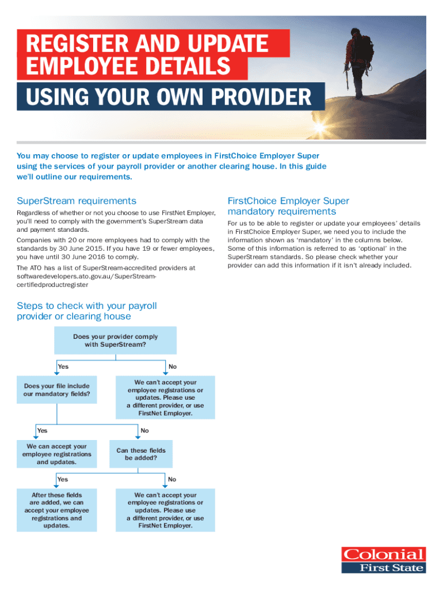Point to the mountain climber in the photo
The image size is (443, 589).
(357, 63)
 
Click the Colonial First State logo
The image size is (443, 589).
(384, 560)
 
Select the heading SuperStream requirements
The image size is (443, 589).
(76, 201)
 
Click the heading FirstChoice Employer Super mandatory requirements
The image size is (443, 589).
(288, 206)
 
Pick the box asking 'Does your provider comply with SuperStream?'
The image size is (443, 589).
(115, 341)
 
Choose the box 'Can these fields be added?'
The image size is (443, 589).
(140, 454)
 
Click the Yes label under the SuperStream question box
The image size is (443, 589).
(63, 366)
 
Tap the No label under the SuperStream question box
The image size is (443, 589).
(173, 366)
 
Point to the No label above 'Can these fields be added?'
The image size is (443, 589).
(144, 430)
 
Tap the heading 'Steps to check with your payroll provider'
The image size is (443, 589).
(86, 311)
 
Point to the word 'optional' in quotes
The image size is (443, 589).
(376, 248)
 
